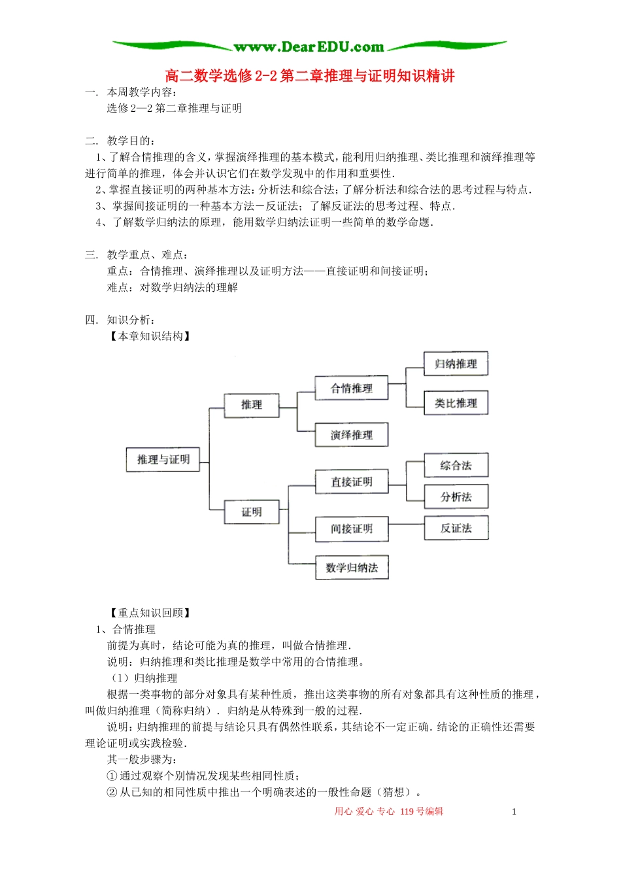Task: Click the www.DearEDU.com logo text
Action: (309, 46)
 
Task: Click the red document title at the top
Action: (310, 76)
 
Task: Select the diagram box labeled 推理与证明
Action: (163, 460)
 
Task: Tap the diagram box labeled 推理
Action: (252, 405)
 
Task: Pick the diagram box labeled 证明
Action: (252, 512)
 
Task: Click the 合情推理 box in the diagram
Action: (352, 388)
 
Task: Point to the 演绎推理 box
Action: (352, 435)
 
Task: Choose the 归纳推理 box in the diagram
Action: (456, 364)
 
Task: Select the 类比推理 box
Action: (456, 403)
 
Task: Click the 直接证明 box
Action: (352, 482)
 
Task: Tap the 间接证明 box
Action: (352, 528)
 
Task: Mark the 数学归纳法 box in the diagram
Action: (352, 567)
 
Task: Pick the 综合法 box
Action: (456, 466)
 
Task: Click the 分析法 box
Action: (456, 497)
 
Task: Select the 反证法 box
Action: (456, 528)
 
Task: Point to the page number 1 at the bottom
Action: (514, 812)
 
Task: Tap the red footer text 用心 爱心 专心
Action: (365, 812)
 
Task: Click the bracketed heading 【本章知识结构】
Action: (150, 336)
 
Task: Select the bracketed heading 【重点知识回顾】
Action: (150, 613)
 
